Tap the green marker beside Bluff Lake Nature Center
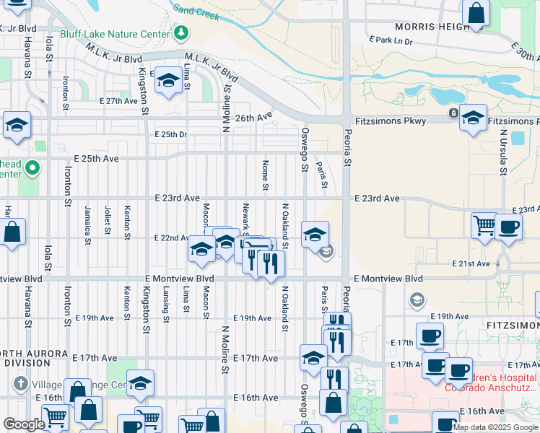coord(181,33)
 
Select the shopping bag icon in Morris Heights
coord(476,14)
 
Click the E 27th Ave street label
coord(118,101)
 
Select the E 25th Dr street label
coord(170,134)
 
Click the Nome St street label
coord(266,176)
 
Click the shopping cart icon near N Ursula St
coord(484,225)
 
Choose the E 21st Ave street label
coord(471,264)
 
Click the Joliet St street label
coord(108,220)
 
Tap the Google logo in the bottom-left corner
coord(24,424)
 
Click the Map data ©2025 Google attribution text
coord(495,427)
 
